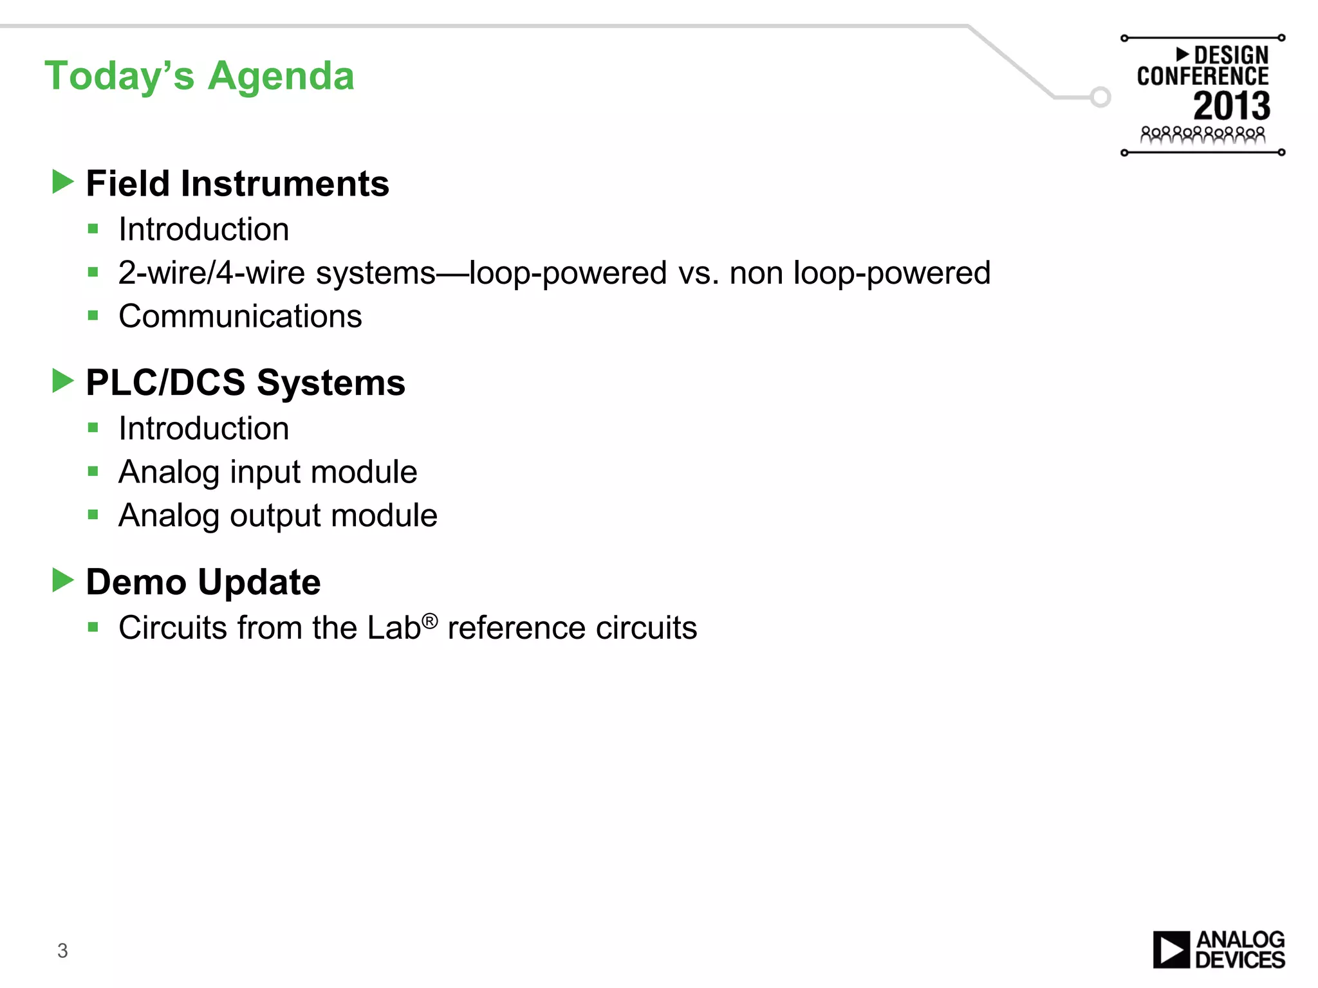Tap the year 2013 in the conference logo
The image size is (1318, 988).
[x=1232, y=106]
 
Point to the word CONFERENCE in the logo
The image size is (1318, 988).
[x=1203, y=77]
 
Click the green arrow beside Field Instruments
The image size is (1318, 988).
[x=62, y=182]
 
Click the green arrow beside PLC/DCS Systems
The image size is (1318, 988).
[x=62, y=381]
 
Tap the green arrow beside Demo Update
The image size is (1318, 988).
[x=62, y=580]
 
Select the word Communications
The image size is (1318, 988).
[x=240, y=316]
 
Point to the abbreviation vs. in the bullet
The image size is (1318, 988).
[x=698, y=273]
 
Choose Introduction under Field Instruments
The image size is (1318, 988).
[x=203, y=230]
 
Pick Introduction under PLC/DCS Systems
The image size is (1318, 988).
[x=203, y=429]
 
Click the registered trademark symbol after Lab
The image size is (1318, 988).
[x=430, y=620]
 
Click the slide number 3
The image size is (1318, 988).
[x=62, y=950]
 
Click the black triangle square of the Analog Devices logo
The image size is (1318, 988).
[x=1171, y=949]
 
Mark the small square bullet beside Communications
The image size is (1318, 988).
[x=93, y=316]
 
